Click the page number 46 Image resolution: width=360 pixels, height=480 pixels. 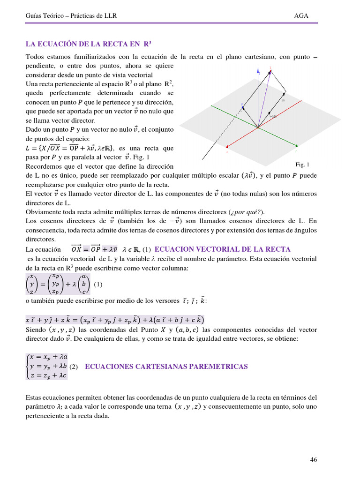point(314,460)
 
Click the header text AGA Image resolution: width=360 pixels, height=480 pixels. point(301,15)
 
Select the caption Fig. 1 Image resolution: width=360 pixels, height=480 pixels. point(302,165)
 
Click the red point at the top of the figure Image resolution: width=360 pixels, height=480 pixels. point(270,69)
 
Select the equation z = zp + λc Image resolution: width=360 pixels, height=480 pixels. point(48,375)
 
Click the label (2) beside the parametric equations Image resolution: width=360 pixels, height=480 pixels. point(74,367)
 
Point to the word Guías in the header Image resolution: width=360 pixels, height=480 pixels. point(34,15)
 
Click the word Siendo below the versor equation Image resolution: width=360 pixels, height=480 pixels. point(36,330)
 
